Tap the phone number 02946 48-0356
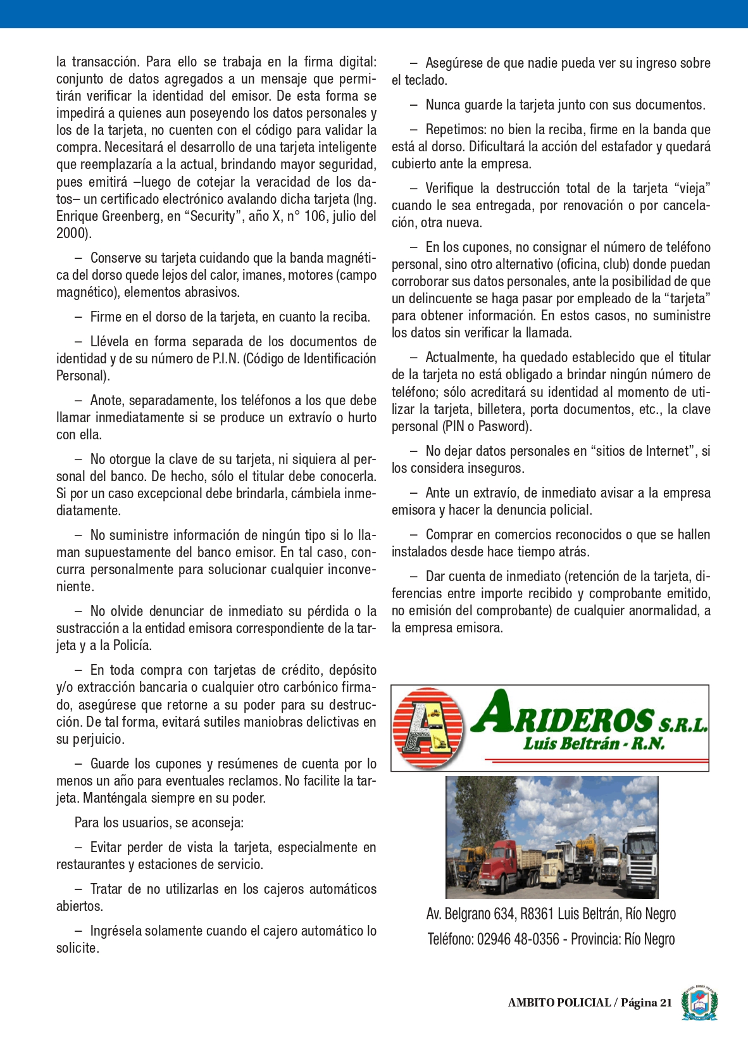(518, 939)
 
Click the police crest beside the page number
(699, 1003)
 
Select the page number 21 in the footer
(666, 1003)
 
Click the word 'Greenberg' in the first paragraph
(130, 216)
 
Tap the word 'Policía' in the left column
(132, 646)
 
